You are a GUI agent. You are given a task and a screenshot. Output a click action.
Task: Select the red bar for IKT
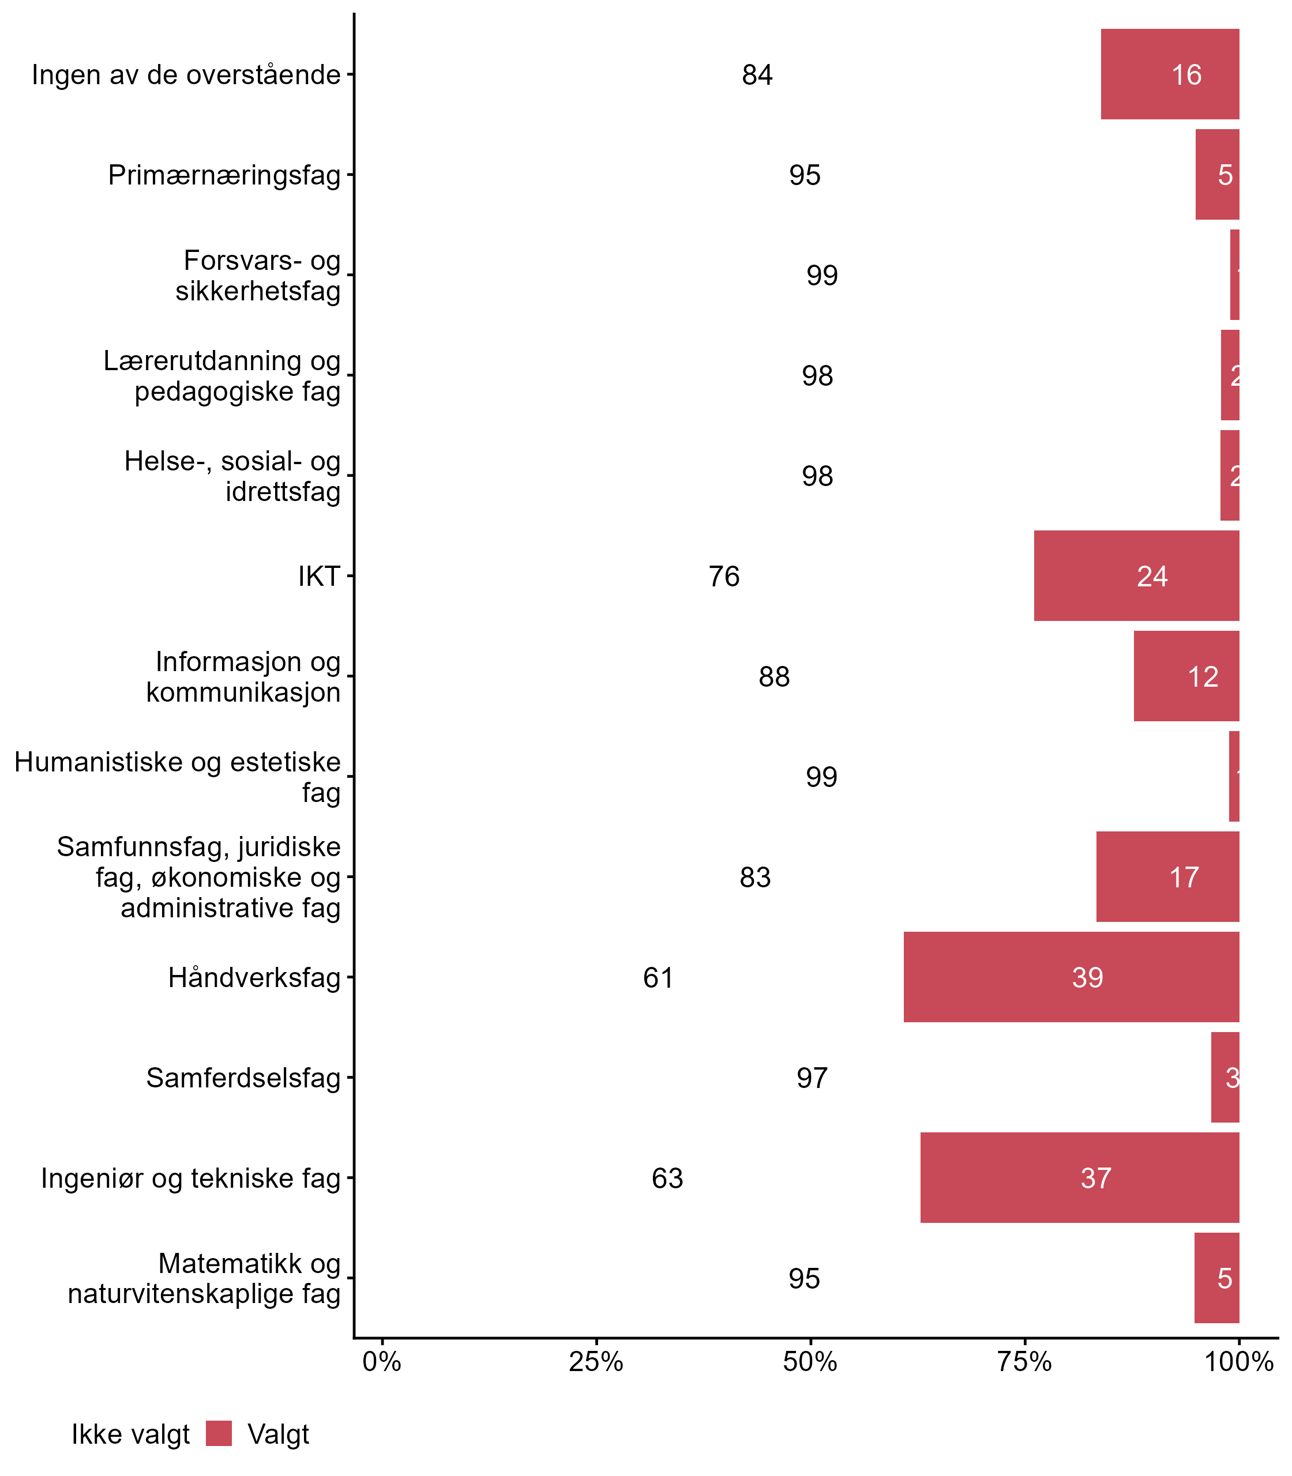tap(1136, 576)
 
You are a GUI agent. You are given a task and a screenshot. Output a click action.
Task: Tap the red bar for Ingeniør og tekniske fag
tap(1079, 1177)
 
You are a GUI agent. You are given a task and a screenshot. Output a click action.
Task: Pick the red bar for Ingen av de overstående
tap(1170, 74)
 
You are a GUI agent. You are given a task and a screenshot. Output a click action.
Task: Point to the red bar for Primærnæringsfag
tap(1217, 174)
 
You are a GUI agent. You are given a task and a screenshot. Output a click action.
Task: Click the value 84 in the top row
tap(757, 75)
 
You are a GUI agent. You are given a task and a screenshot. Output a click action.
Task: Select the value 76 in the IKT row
tap(724, 577)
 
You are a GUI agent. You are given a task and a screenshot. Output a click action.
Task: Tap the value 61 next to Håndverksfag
tap(658, 978)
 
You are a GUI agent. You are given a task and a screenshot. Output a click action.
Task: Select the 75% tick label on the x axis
tap(1024, 1362)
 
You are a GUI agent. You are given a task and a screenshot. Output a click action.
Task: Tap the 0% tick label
tap(381, 1362)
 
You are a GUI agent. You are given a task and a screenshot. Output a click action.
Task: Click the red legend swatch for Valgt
tap(219, 1433)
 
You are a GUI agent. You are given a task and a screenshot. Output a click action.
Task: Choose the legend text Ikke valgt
tap(130, 1434)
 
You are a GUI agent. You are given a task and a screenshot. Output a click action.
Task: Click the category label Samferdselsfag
tap(243, 1078)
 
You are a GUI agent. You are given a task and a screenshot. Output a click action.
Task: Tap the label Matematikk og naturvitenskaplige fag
tap(204, 1279)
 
